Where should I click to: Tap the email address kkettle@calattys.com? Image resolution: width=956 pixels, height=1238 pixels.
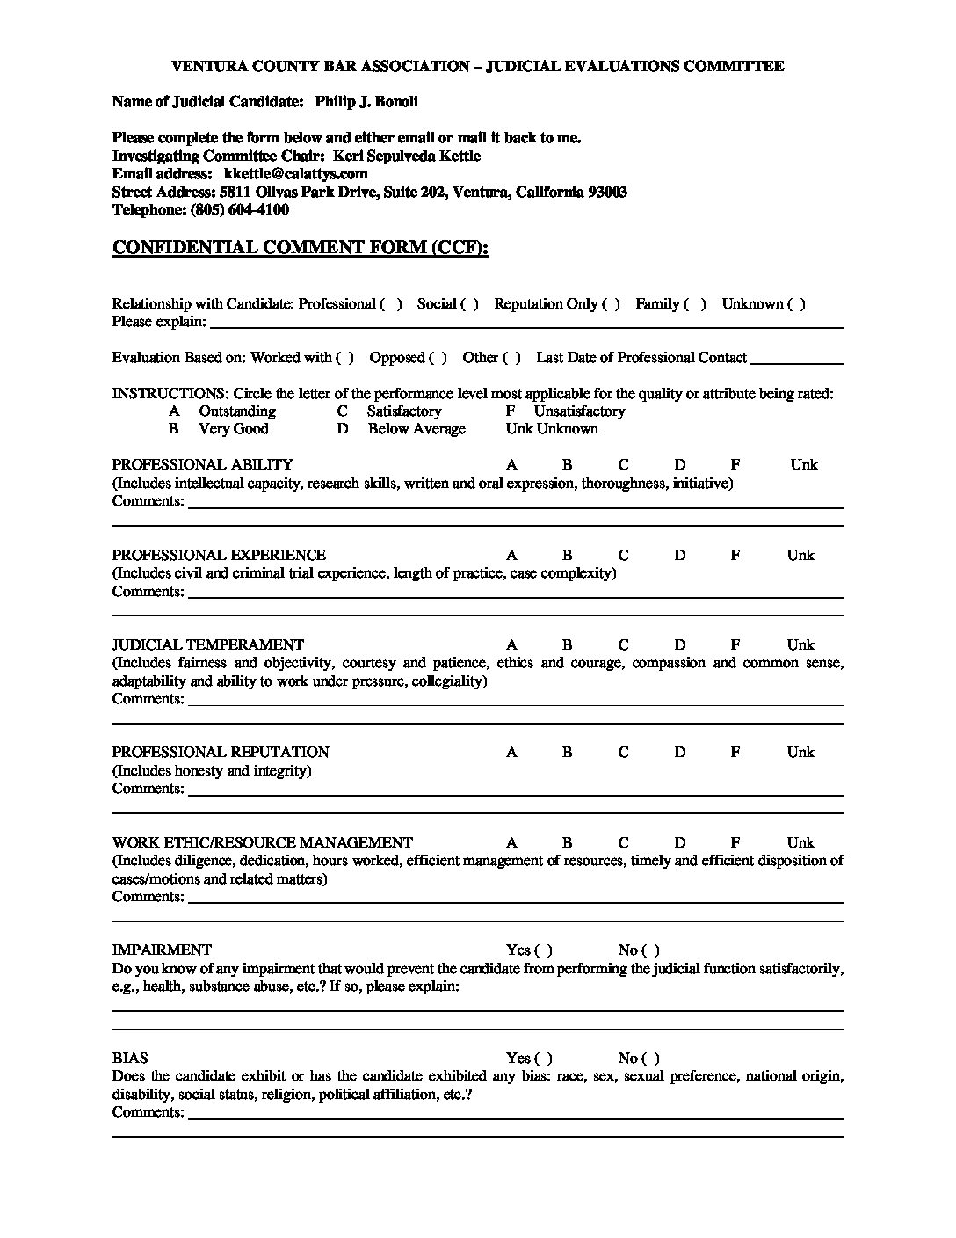coord(295,174)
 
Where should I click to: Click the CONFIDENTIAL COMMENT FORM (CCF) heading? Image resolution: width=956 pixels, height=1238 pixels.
coord(301,248)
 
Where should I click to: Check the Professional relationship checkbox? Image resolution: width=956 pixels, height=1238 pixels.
coord(392,304)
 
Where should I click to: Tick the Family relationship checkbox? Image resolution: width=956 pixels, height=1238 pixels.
coord(696,304)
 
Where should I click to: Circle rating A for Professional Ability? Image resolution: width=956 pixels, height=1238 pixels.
coord(511,465)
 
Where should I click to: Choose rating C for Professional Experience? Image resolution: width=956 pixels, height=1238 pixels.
coord(624,556)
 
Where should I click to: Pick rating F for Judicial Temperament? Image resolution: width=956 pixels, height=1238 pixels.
coord(735,645)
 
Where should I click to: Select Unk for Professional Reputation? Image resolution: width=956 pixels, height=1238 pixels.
coord(800,753)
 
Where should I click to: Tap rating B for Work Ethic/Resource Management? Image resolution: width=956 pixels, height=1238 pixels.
coord(568,843)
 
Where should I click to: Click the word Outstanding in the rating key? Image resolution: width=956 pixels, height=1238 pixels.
coord(237,411)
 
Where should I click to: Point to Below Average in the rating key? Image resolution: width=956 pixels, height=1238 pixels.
coord(416,429)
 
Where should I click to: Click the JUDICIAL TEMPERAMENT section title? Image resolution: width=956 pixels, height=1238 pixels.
coord(208,645)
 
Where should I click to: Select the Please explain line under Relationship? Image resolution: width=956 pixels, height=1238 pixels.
coord(525,324)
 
